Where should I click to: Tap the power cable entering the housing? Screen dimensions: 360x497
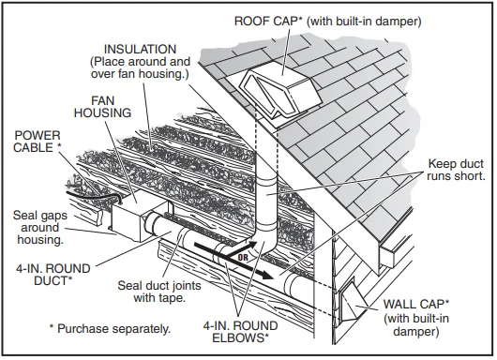pyautogui.click(x=100, y=193)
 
